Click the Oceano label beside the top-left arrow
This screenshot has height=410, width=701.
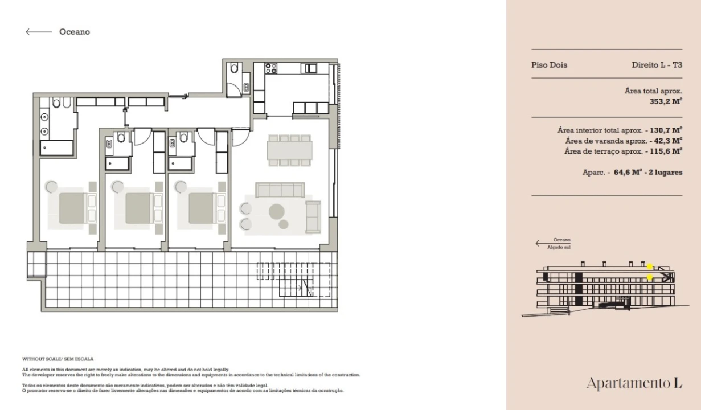[75, 32]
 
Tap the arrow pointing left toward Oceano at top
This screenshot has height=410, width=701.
[39, 32]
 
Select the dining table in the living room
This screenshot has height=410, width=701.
[289, 150]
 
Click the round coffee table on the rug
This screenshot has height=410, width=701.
[276, 211]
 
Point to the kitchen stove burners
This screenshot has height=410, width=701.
[271, 68]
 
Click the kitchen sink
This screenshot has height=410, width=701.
[310, 68]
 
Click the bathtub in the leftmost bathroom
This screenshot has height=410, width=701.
[56, 147]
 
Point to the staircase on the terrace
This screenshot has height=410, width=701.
[293, 280]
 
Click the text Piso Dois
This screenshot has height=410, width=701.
[549, 65]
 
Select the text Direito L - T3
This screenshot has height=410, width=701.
[657, 65]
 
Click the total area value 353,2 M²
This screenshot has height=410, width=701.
[666, 101]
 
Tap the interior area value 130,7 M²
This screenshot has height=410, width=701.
[666, 130]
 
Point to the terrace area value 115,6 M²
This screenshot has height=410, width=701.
[666, 151]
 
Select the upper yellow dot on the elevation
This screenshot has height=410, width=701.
[650, 266]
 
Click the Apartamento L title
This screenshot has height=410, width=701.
[634, 383]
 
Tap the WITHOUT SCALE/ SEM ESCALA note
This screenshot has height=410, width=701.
[58, 359]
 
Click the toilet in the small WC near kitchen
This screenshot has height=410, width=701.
[234, 67]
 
